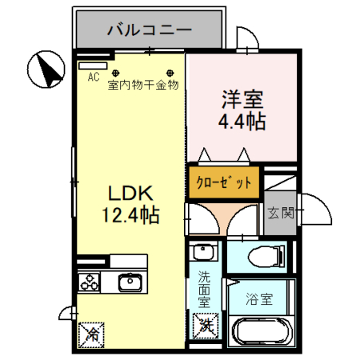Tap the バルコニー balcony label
coord(149,31)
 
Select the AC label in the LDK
coord(93,78)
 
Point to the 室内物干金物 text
coord(143,85)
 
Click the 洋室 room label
coord(242,102)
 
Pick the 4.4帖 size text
coord(242,122)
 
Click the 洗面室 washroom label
coord(205,290)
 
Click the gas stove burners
coord(88,282)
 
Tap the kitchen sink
coord(128,282)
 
